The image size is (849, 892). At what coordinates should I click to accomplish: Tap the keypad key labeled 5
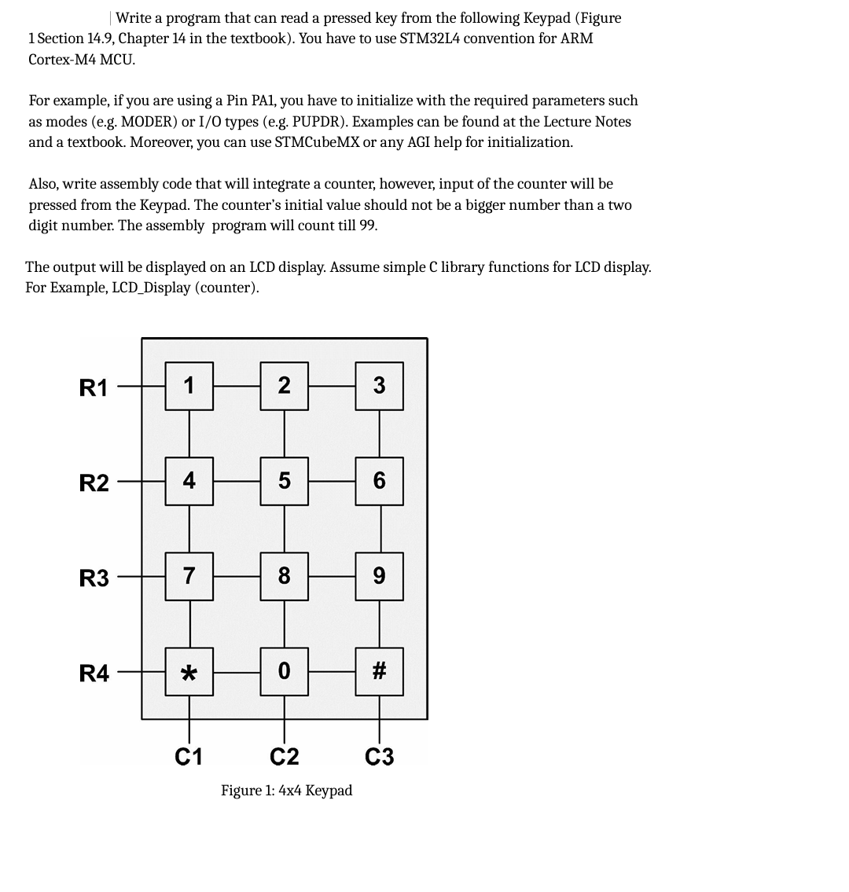(x=284, y=481)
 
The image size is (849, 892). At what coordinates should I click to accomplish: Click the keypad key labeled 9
(x=379, y=576)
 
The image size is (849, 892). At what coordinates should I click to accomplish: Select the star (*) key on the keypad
(x=189, y=672)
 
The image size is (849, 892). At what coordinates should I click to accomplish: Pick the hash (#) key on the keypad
(x=379, y=672)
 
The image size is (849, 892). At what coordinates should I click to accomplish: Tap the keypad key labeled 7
(x=189, y=576)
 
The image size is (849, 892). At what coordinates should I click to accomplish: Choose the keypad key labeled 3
(x=379, y=386)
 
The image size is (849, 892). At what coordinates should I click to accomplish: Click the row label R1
(x=94, y=387)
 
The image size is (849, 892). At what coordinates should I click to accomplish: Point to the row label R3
(x=94, y=579)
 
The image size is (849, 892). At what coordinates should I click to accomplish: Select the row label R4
(x=94, y=674)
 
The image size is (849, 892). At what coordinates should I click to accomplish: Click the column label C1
(x=189, y=757)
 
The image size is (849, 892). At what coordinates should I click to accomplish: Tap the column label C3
(x=380, y=757)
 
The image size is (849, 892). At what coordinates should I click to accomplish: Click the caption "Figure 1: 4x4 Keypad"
(x=286, y=791)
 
